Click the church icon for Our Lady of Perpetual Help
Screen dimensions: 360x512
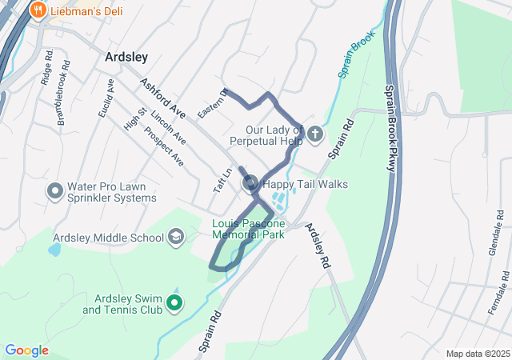[x=314, y=133]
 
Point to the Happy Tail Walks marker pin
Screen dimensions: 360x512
[x=250, y=184]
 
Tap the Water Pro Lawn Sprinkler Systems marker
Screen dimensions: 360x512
[x=55, y=191]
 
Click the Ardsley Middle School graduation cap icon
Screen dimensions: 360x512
[x=175, y=237]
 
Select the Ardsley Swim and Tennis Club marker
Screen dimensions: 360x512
[x=172, y=303]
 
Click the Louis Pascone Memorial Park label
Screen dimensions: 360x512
[x=249, y=230]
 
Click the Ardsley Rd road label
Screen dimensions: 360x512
[x=317, y=244]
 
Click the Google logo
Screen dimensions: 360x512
[x=26, y=350]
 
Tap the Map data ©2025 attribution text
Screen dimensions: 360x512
[x=478, y=354]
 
